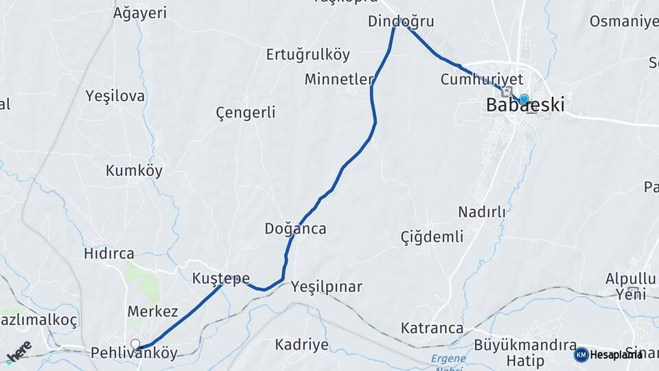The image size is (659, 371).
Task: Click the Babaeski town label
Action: coord(525,106)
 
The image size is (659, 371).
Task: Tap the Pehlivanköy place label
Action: coord(134,354)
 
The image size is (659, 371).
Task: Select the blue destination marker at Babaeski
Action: coord(524,99)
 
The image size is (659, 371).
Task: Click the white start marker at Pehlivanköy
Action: coord(135,344)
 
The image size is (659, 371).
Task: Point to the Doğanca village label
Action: coord(295,229)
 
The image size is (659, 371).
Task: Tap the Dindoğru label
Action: coord(401,21)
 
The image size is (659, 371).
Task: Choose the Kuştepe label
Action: coord(220,278)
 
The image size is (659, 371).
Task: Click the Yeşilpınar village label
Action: coord(326,286)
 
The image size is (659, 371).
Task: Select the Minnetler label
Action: coord(339,79)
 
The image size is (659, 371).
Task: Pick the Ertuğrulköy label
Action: coord(308,54)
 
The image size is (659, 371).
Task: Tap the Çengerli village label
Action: coord(245,112)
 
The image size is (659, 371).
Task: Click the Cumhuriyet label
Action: coord(482,80)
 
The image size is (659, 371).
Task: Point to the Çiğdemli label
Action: coord(432,237)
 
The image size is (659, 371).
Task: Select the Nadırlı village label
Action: coord(481,212)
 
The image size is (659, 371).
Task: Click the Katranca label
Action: coord(432,328)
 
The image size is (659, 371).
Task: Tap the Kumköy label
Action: coord(134,171)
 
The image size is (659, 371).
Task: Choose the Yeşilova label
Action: coord(115,95)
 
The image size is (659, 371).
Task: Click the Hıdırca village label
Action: coord(108,254)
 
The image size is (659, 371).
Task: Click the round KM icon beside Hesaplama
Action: coord(581,355)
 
